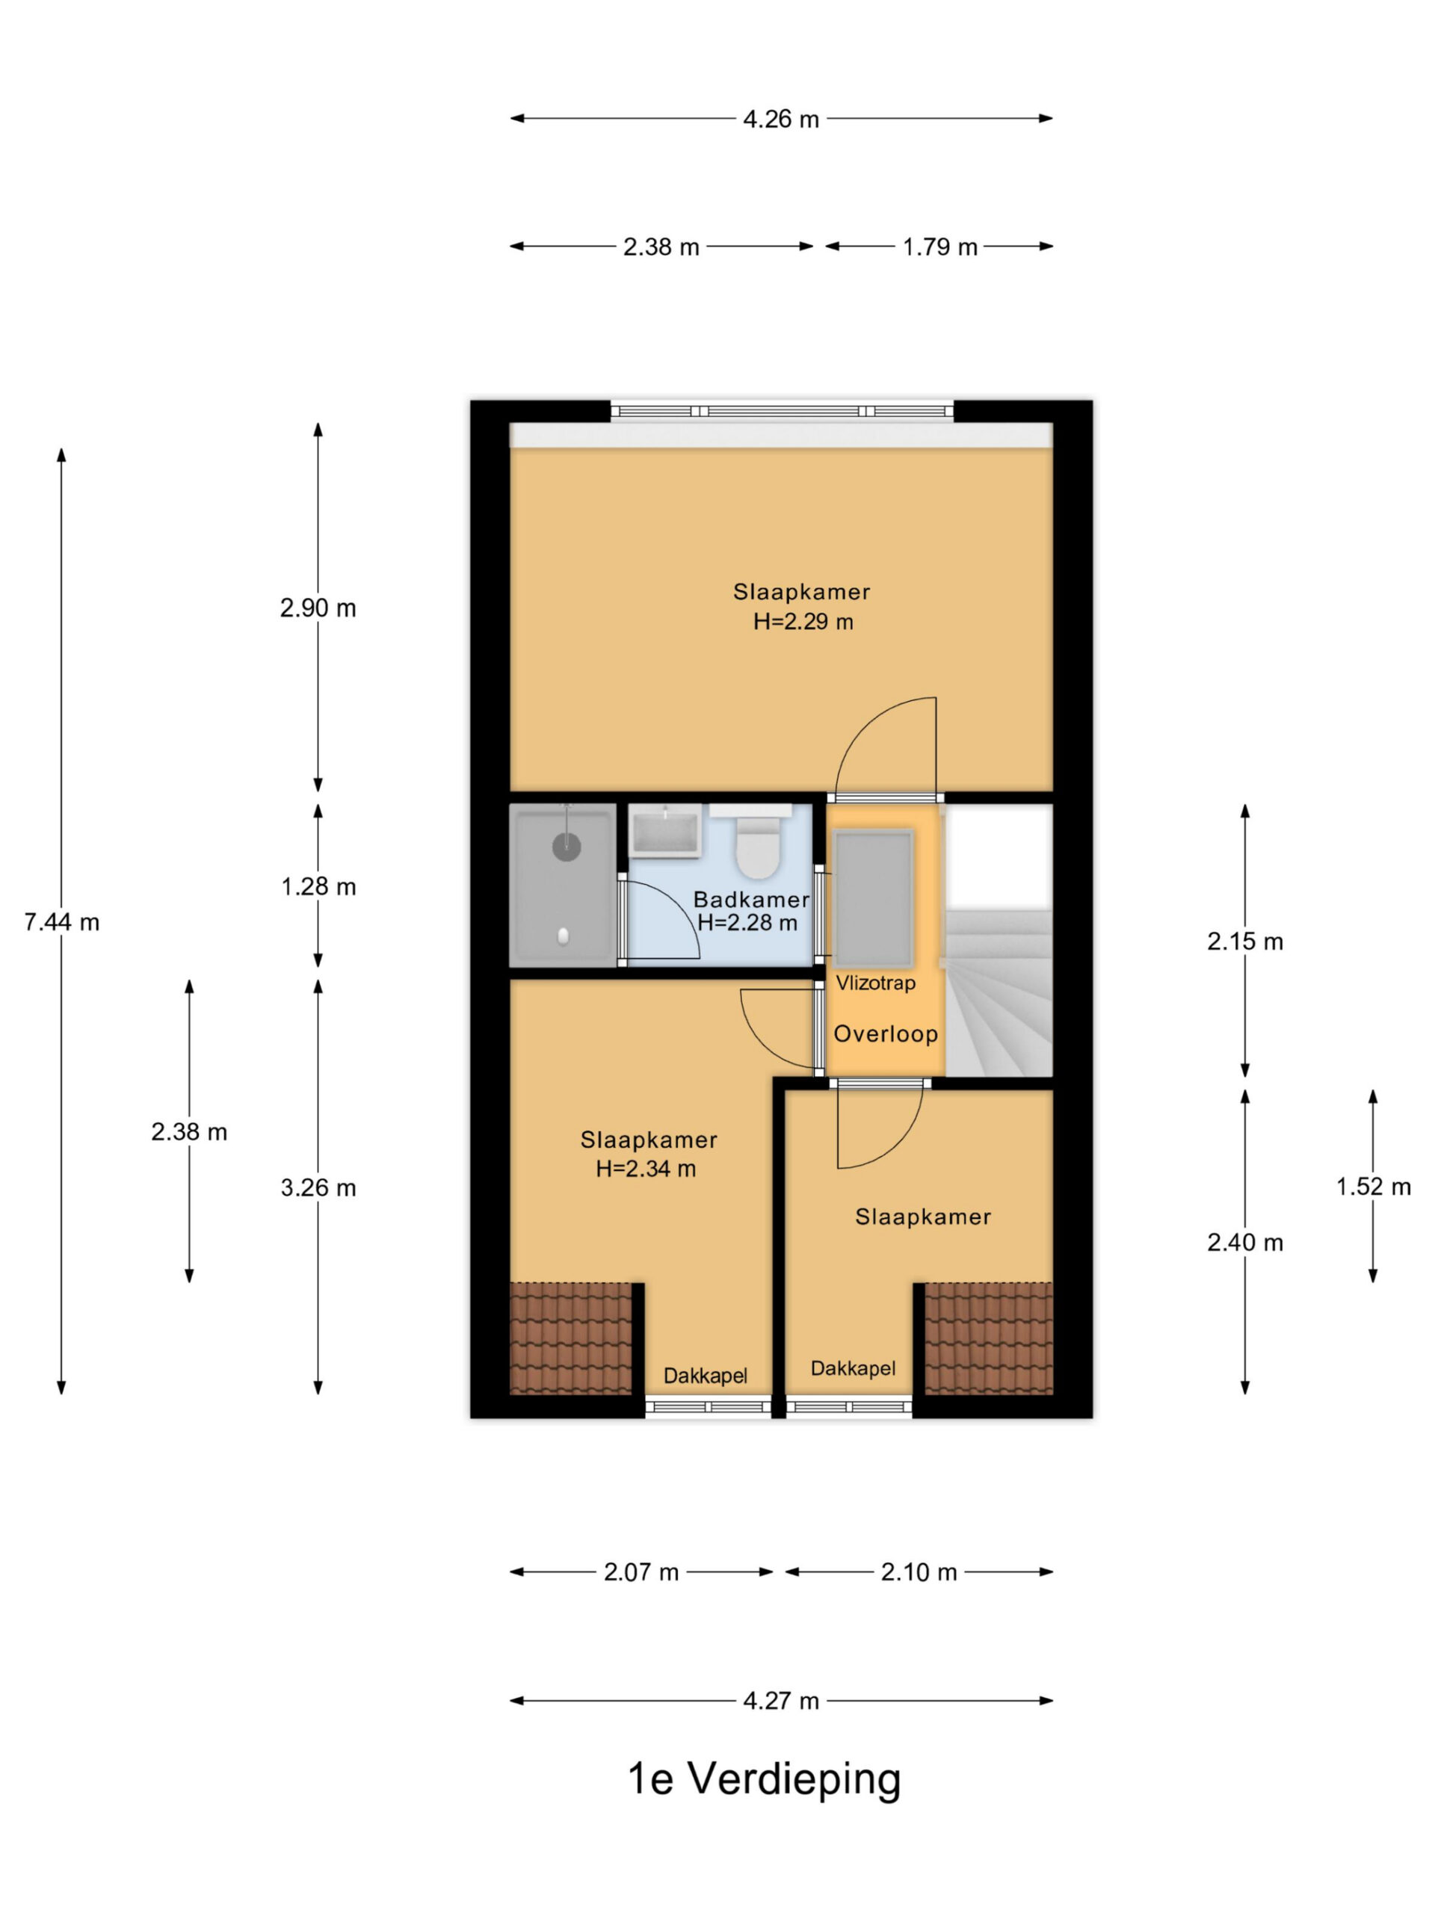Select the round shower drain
[567, 846]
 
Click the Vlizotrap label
[874, 983]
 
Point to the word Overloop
[885, 1033]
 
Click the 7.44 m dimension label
[61, 922]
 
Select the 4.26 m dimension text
[780, 119]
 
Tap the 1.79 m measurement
[939, 247]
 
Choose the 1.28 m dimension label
[318, 886]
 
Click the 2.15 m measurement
[1244, 941]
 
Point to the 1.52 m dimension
[1373, 1187]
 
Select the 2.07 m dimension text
[641, 1572]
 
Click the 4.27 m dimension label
[780, 1701]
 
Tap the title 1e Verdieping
[764, 1780]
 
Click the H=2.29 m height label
[803, 622]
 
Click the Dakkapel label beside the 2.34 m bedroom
[705, 1375]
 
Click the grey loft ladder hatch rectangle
[873, 898]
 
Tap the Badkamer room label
[751, 900]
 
